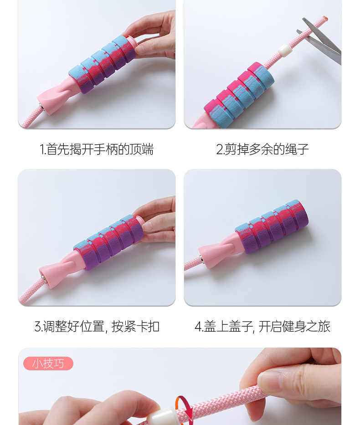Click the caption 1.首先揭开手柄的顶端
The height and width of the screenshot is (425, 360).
click(97, 149)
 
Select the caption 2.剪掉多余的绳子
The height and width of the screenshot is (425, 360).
click(262, 149)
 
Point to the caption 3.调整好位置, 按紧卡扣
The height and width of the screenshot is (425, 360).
click(97, 327)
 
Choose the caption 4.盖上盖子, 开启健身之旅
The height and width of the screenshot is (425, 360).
click(262, 327)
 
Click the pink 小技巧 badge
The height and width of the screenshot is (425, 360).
click(48, 364)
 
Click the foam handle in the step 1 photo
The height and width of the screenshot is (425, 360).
click(103, 64)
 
